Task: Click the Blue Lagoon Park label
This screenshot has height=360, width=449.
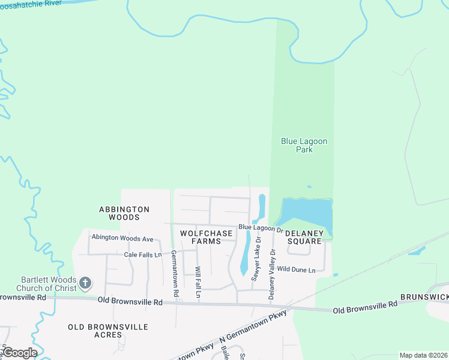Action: [304, 145]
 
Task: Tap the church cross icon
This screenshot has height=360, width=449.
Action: [86, 283]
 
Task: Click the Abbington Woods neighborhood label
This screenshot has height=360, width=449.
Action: [124, 213]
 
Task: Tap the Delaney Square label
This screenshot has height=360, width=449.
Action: [304, 236]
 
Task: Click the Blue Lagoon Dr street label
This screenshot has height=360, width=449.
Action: [261, 228]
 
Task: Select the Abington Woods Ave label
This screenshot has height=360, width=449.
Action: [122, 238]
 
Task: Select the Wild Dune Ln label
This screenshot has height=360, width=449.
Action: [297, 270]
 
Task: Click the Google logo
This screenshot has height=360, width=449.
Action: [19, 353]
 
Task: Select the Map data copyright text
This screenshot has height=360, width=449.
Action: [423, 355]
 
